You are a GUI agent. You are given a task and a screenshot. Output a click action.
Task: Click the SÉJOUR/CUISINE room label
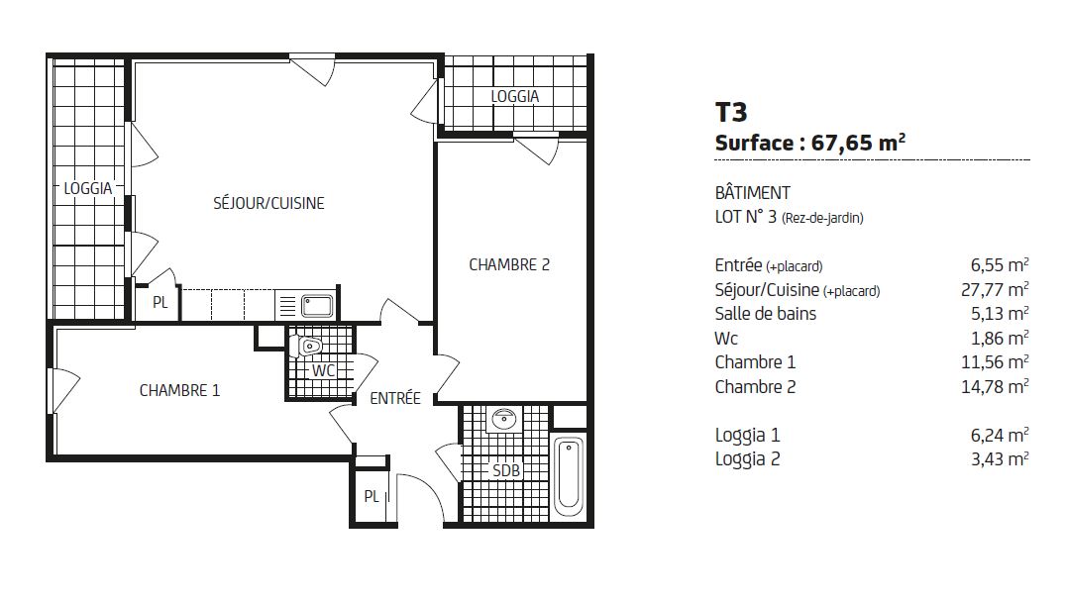pos(268,203)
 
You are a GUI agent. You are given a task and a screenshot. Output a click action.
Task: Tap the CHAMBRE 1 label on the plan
pos(179,390)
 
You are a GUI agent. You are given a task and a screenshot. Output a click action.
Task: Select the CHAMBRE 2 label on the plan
pos(509,264)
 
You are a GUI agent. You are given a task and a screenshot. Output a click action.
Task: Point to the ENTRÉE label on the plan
pos(394,398)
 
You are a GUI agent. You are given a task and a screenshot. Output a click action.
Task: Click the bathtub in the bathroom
pos(569,476)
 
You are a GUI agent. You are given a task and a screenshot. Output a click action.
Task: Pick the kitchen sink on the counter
pos(317,305)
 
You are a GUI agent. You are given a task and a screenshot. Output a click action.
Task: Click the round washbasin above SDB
pos(504,419)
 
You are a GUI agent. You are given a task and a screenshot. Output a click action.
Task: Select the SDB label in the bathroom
pos(505,470)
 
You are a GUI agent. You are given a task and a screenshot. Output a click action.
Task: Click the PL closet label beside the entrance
pos(371,497)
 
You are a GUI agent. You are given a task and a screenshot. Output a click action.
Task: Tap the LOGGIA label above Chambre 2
pos(515,97)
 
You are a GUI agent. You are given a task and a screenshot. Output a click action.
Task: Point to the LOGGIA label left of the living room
pos(88,188)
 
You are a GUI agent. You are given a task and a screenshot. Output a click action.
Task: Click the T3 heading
pos(731,112)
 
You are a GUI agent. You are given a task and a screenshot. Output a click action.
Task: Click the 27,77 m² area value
pos(995,290)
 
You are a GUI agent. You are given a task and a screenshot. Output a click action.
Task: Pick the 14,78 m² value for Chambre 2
pos(995,386)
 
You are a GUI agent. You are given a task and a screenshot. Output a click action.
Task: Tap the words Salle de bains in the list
pos(765,314)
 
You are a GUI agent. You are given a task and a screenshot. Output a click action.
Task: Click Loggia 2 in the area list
pos(747,459)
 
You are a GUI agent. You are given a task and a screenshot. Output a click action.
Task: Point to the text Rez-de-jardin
pos(822,219)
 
